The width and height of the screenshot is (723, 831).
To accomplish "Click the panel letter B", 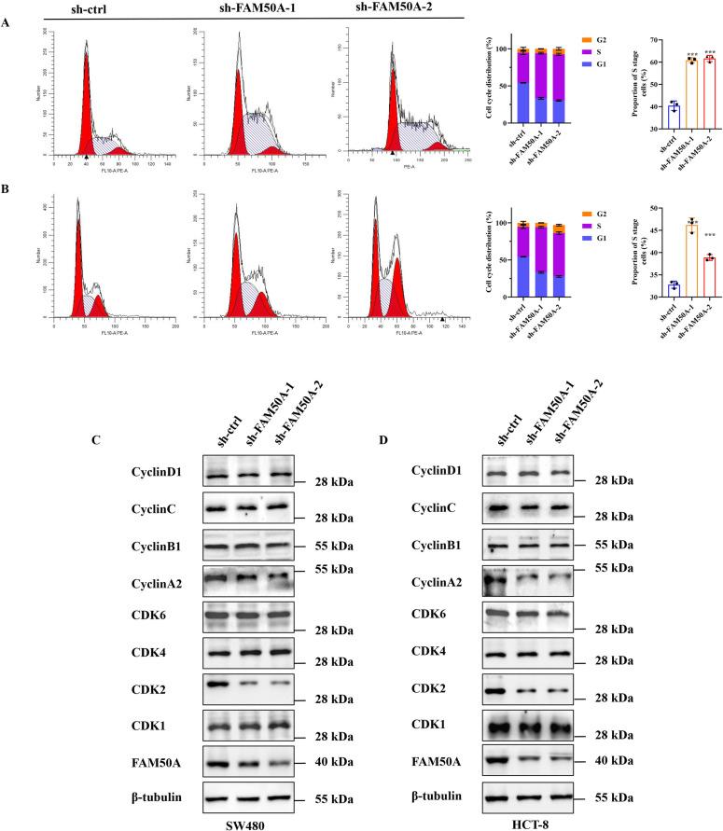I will click(8, 200).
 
